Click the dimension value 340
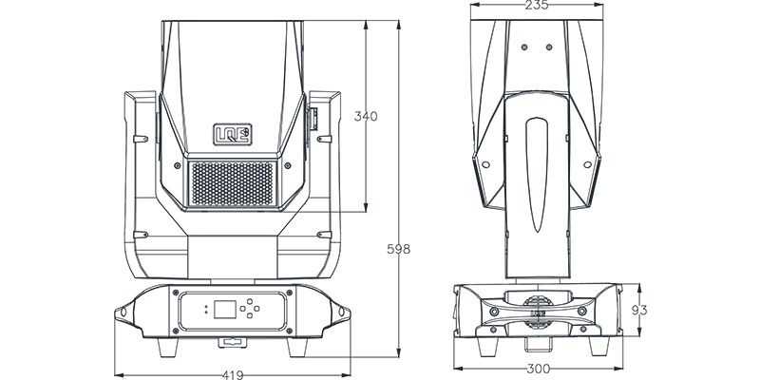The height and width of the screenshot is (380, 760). coord(365,117)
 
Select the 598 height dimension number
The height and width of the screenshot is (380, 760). coord(399,249)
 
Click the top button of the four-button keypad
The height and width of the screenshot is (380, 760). coord(250,300)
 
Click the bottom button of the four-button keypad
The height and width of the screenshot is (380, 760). coord(250,320)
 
